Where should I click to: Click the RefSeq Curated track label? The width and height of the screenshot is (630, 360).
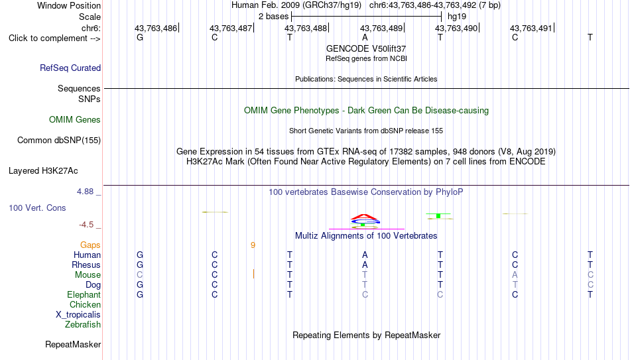pos(70,68)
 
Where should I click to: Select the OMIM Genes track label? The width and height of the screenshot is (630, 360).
pos(75,120)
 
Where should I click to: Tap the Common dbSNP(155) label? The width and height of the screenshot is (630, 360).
pos(59,141)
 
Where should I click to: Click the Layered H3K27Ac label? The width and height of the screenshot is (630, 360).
pos(43,171)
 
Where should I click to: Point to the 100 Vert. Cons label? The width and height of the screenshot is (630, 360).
pos(37,208)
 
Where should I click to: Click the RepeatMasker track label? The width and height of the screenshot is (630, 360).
pos(73,344)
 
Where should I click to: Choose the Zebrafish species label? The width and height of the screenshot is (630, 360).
pos(83,324)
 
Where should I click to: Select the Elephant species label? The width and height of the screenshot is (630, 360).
pos(84,294)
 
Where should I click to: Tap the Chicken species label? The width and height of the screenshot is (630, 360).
pos(85,304)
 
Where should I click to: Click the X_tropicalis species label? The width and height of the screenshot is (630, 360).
pos(78,315)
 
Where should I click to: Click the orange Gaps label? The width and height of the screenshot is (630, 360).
pos(90,245)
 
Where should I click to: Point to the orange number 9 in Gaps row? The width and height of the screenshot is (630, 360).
pos(253,245)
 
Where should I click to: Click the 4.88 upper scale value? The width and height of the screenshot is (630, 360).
pos(85,192)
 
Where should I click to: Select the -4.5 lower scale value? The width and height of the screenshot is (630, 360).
pos(86,225)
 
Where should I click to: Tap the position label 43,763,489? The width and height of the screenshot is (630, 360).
pos(381,28)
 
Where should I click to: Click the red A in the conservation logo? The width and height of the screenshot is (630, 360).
pos(365,217)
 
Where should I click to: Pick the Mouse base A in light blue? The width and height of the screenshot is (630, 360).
pos(515,275)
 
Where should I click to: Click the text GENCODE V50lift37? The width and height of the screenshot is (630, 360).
pos(366,48)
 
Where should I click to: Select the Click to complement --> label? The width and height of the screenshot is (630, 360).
pos(54,38)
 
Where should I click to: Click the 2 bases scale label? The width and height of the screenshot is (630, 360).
pos(273,17)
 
